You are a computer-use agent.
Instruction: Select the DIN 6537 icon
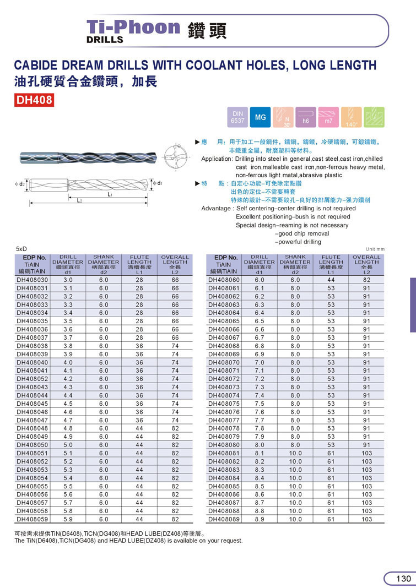237,117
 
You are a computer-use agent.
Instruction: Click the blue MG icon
260,117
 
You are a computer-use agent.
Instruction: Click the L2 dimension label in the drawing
80,201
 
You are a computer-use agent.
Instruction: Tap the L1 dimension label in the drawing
110,194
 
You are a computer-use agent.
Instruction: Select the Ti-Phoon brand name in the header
134,28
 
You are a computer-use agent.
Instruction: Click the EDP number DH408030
33,280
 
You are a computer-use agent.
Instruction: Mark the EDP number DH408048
33,428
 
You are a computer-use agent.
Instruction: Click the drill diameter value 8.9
260,519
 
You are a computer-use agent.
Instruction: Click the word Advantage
216,209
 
